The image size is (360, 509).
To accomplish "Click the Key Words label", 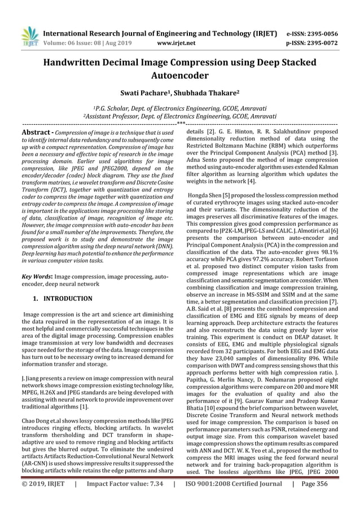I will [x=37, y=277].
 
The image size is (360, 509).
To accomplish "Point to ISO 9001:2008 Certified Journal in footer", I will [x=234, y=499].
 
